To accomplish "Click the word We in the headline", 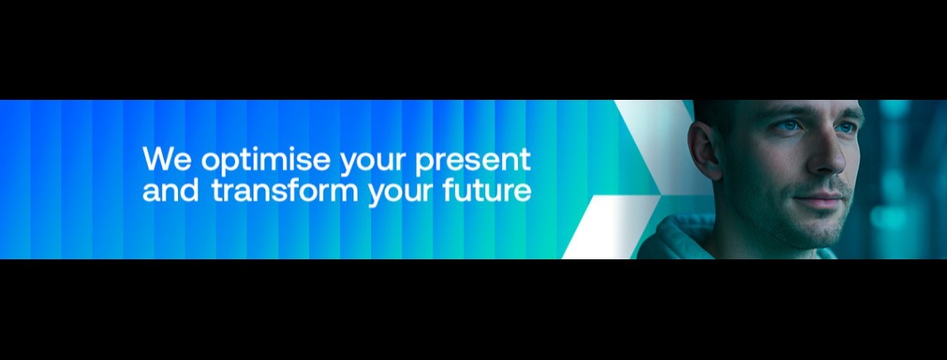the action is coord(167,159).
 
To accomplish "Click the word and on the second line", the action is coord(171,190).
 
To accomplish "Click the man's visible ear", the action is coord(704,151).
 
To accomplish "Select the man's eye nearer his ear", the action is coord(786,126).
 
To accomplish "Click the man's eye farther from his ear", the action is coord(849,128).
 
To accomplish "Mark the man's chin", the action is coord(815,232).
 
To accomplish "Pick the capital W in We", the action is coord(158,159).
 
